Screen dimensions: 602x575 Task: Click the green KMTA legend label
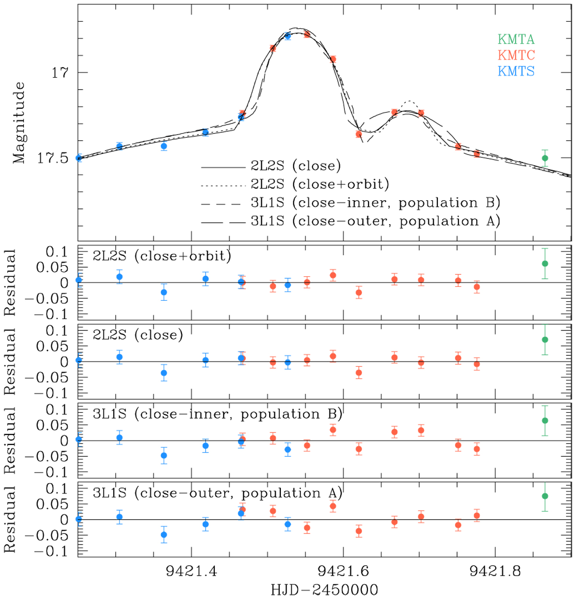[x=516, y=39]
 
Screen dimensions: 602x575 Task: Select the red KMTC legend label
[x=516, y=55]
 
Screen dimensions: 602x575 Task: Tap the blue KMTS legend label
[x=516, y=71]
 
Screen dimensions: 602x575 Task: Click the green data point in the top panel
[x=545, y=158]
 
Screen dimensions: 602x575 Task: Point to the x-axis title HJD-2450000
[x=324, y=590]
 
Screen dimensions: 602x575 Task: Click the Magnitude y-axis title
[x=18, y=123]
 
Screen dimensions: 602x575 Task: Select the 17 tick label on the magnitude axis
[x=60, y=73]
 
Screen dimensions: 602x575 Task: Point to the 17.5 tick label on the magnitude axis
[x=53, y=159]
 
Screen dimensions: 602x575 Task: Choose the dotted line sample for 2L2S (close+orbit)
[x=223, y=185]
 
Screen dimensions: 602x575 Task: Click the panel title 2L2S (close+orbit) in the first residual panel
[x=162, y=256]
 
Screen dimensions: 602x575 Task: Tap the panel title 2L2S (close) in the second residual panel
[x=138, y=335]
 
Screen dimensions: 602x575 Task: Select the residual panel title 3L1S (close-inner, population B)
[x=218, y=414]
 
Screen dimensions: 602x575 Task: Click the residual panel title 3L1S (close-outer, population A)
[x=218, y=493]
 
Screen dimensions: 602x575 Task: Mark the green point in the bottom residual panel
[x=545, y=496]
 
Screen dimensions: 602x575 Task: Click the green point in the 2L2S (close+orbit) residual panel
[x=545, y=263]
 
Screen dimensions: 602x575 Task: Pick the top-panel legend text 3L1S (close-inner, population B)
[x=376, y=203]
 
